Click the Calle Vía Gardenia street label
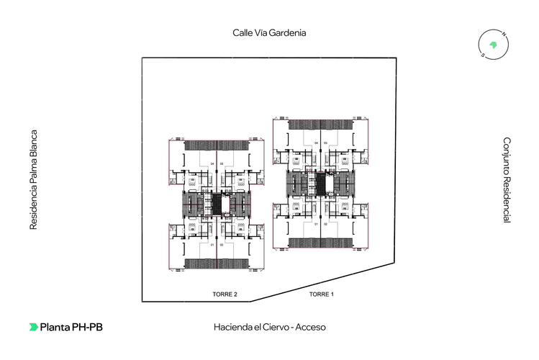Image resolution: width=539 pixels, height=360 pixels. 268,32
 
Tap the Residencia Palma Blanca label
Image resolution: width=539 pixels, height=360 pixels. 33,180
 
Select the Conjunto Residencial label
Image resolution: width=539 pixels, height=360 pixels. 507,180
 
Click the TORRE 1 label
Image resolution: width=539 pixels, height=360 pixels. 322,294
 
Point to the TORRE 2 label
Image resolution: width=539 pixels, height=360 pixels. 225,294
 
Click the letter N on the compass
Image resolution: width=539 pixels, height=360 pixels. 504,35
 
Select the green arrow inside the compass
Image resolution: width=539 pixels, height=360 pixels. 494,44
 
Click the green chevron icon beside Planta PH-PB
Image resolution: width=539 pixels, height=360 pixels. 33,327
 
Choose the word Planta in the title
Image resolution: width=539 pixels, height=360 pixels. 55,327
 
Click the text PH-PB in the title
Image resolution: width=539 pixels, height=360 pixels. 87,327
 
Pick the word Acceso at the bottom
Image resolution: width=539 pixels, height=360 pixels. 310,327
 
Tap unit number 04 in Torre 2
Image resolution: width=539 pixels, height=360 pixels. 212,164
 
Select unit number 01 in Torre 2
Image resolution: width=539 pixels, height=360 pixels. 212,245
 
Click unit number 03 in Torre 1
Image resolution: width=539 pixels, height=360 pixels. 326,143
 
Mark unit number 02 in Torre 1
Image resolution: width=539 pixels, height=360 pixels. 326,225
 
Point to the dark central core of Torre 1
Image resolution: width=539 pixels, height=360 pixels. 321,183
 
